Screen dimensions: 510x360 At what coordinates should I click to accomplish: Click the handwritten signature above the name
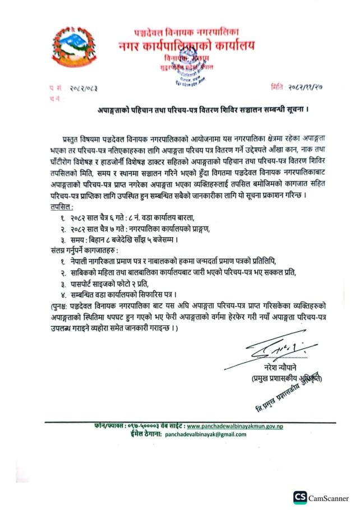[x=272, y=352]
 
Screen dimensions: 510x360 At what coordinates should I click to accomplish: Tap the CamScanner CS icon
[x=301, y=497]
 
